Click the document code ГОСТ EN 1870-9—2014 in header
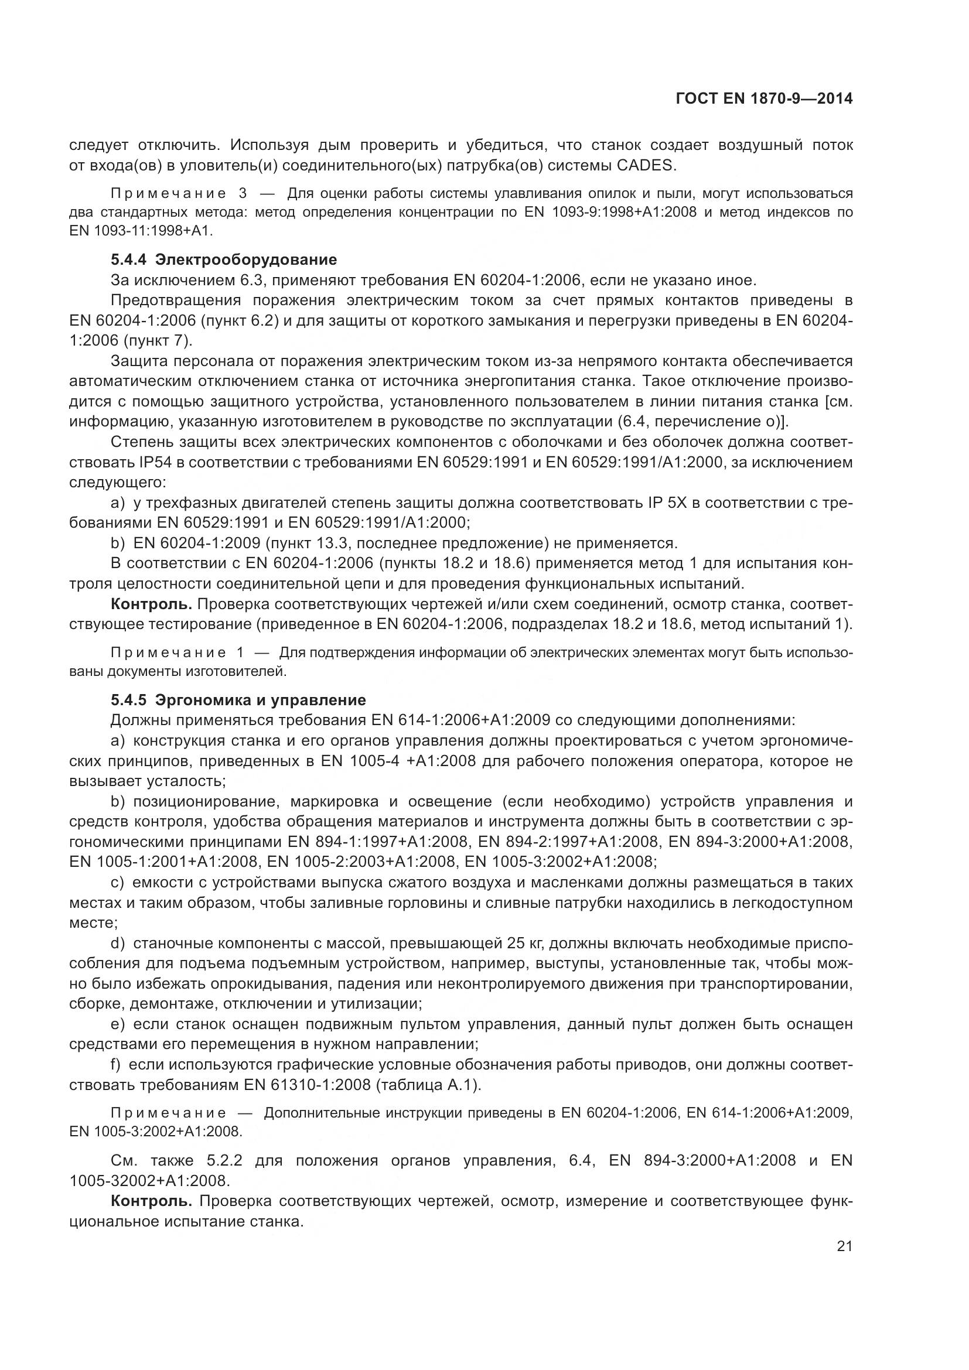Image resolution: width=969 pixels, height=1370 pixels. pos(764,98)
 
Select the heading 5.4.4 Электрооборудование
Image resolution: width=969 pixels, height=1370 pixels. pos(224,259)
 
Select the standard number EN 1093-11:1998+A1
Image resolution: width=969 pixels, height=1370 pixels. pos(141,230)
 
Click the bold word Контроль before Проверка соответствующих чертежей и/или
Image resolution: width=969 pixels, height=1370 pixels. pos(151,604)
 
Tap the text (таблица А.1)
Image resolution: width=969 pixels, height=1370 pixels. pos(427,1085)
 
